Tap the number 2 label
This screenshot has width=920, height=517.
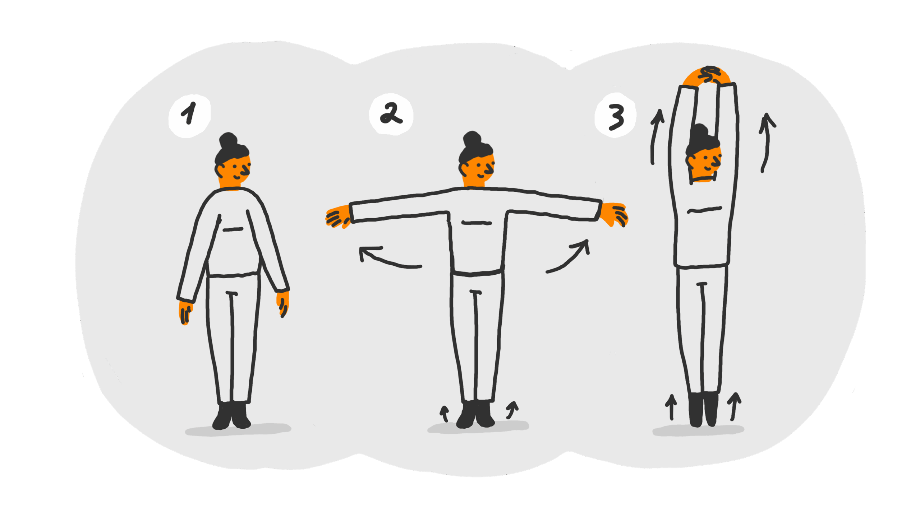pos(391,113)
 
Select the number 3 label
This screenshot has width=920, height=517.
pos(616,117)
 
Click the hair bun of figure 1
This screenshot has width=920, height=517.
pos(229,141)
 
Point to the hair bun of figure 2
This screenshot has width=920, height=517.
pos(473,139)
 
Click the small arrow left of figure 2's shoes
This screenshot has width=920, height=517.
pos(445,414)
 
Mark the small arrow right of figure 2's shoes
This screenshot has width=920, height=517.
pos(512,410)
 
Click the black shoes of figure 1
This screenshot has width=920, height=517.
pos(231,416)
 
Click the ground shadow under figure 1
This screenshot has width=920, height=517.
pos(238,429)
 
